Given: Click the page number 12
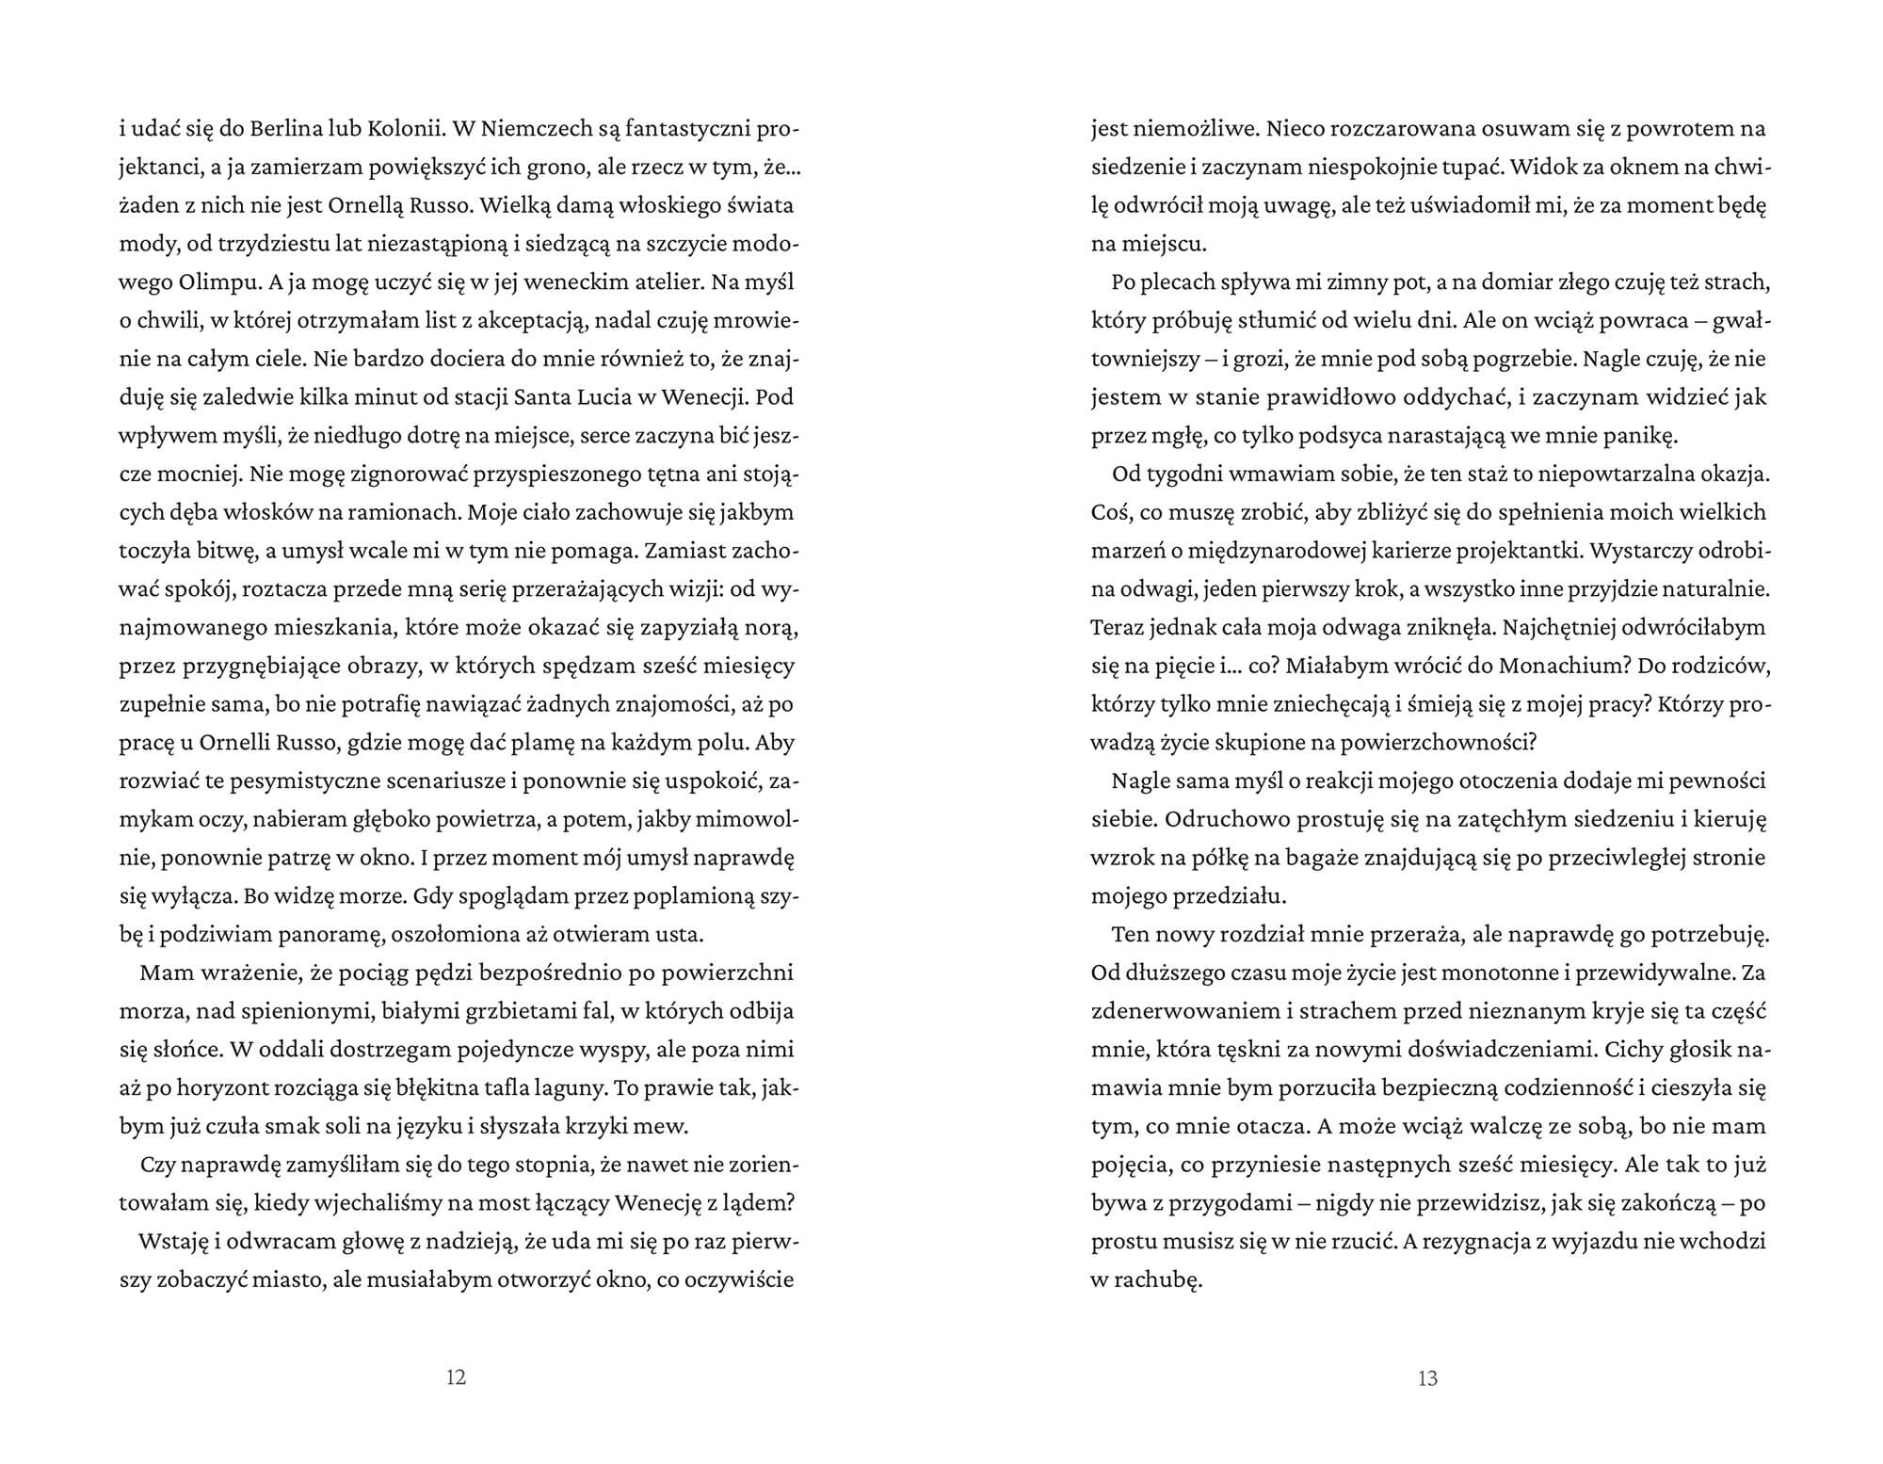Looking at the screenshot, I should (456, 1378).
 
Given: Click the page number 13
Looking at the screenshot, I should (1427, 1378).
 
